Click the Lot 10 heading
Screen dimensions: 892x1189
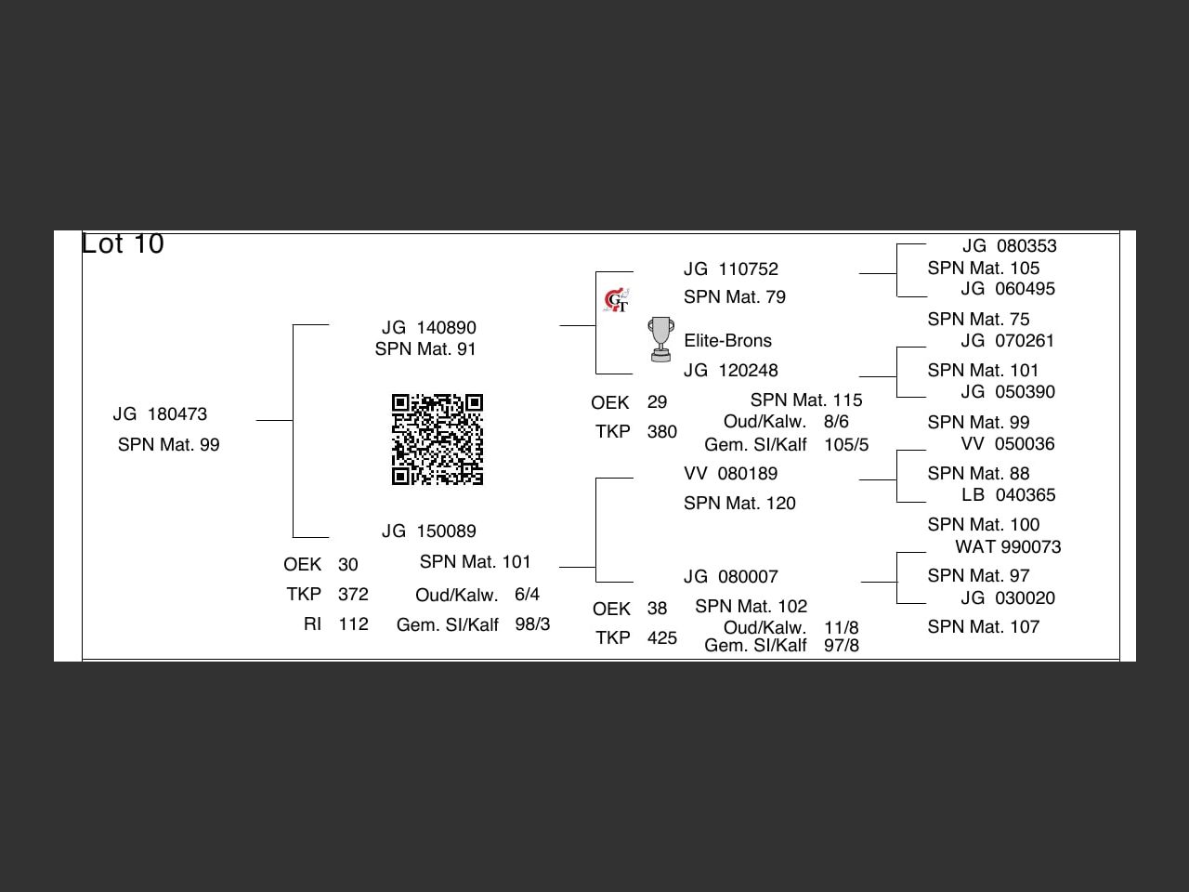(x=123, y=243)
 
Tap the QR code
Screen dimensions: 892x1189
(x=438, y=439)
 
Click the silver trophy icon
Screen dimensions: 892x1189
(x=660, y=339)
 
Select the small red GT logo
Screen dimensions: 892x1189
(x=616, y=300)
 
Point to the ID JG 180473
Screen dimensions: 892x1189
(x=160, y=414)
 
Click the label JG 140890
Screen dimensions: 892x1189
(x=428, y=328)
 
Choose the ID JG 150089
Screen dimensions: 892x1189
(x=428, y=531)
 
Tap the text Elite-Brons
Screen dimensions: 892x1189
(x=727, y=341)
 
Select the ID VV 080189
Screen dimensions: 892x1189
(x=730, y=474)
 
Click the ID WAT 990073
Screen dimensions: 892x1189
(x=1008, y=547)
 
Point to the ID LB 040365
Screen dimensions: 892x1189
(x=1008, y=495)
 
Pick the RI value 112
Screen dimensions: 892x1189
(x=353, y=624)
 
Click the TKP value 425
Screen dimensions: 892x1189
(x=661, y=638)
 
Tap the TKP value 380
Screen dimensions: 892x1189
(x=661, y=432)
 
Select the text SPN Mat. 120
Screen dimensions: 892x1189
(x=739, y=504)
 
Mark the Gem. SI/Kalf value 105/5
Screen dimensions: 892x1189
(x=845, y=445)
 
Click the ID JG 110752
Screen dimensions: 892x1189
(x=730, y=269)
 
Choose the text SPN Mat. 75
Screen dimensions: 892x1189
(x=978, y=320)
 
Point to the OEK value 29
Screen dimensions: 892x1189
(x=657, y=402)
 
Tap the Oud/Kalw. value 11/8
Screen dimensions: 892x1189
(x=841, y=628)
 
